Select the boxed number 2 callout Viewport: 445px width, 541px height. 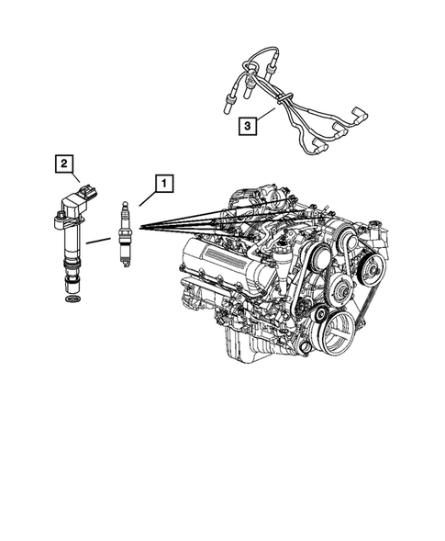click(x=62, y=164)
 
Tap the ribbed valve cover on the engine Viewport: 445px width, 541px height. click(x=217, y=252)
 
